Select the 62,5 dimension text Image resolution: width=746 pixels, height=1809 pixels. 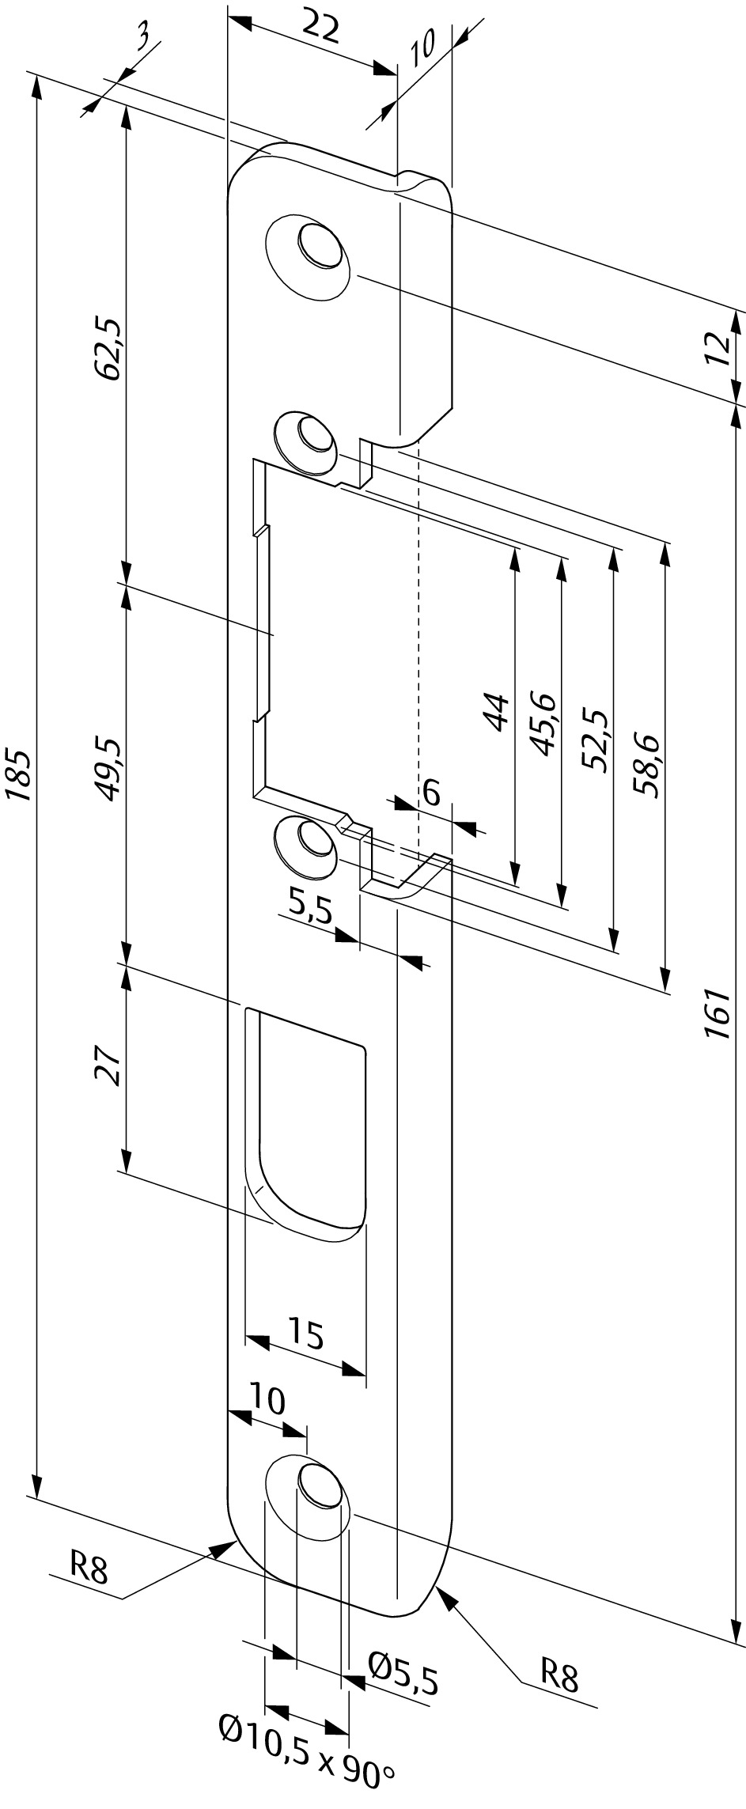[109, 349]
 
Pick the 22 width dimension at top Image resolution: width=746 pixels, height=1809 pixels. [321, 28]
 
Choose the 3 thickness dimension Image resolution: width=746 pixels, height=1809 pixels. [145, 40]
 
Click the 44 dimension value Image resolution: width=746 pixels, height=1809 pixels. [496, 711]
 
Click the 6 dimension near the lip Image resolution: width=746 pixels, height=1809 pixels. [432, 793]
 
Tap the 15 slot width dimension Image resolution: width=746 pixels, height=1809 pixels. [305, 1332]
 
